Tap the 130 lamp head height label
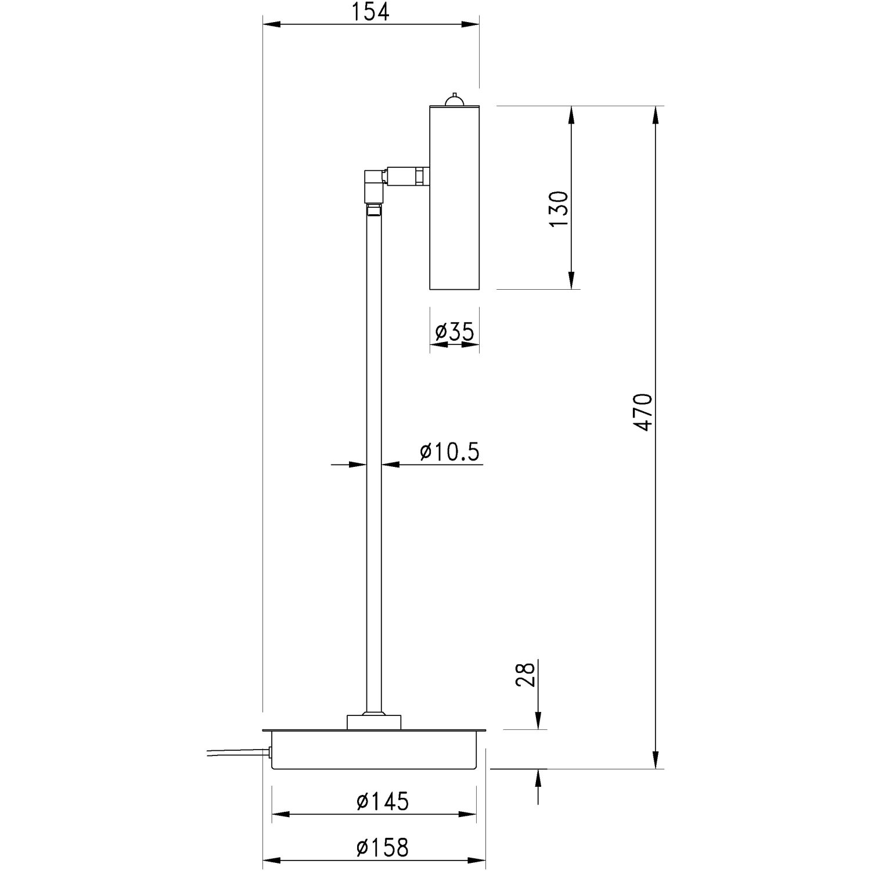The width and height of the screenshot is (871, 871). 559,209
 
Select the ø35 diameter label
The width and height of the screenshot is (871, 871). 455,332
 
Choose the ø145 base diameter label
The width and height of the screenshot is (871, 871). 383,801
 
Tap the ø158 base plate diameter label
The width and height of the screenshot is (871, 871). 383,848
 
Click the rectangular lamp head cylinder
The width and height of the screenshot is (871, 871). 454,197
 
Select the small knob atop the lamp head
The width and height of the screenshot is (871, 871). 454,100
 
